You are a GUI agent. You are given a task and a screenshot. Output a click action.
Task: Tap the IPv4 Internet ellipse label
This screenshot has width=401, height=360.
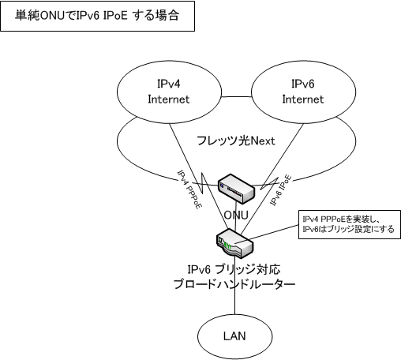click(x=169, y=92)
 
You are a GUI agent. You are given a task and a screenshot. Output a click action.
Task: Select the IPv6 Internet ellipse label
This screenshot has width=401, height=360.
click(x=303, y=92)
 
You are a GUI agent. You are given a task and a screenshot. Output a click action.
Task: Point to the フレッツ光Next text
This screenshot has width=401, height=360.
click(x=236, y=141)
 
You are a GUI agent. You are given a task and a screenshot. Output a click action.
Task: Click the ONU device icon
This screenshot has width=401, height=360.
click(x=236, y=189)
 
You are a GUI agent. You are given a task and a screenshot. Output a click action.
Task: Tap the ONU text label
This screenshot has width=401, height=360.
click(x=236, y=216)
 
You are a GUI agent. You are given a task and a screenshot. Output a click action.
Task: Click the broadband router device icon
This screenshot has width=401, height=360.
click(x=235, y=243)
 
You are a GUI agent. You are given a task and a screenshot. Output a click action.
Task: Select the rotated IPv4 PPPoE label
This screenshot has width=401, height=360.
click(x=189, y=189)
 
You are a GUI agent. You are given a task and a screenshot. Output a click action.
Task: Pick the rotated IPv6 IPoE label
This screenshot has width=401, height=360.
click(x=281, y=190)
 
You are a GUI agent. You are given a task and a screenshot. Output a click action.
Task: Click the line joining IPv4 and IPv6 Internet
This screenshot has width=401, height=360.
click(x=236, y=97)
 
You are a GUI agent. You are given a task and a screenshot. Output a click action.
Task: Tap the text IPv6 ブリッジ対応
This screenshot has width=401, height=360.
click(x=234, y=270)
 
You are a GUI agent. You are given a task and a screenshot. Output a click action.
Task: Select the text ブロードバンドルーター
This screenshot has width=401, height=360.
click(x=234, y=284)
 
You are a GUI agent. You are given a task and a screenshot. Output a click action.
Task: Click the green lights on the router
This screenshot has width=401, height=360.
click(x=227, y=246)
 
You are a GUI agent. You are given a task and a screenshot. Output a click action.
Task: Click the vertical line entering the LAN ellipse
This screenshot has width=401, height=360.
click(x=234, y=287)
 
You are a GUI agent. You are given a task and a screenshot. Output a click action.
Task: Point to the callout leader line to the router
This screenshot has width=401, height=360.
click(x=274, y=232)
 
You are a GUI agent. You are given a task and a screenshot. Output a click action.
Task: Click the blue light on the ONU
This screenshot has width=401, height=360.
click(x=222, y=186)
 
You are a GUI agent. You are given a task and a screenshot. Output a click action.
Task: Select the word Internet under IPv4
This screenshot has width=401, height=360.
click(x=169, y=99)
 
